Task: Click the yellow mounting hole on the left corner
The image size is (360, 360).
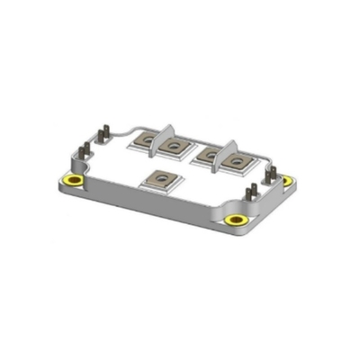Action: tap(75, 184)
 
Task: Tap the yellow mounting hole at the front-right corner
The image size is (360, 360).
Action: tap(237, 220)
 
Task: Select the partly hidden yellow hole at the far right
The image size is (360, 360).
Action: tap(287, 181)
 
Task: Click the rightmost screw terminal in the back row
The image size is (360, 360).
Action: tap(237, 163)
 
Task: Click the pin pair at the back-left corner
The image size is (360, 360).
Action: tap(104, 134)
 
